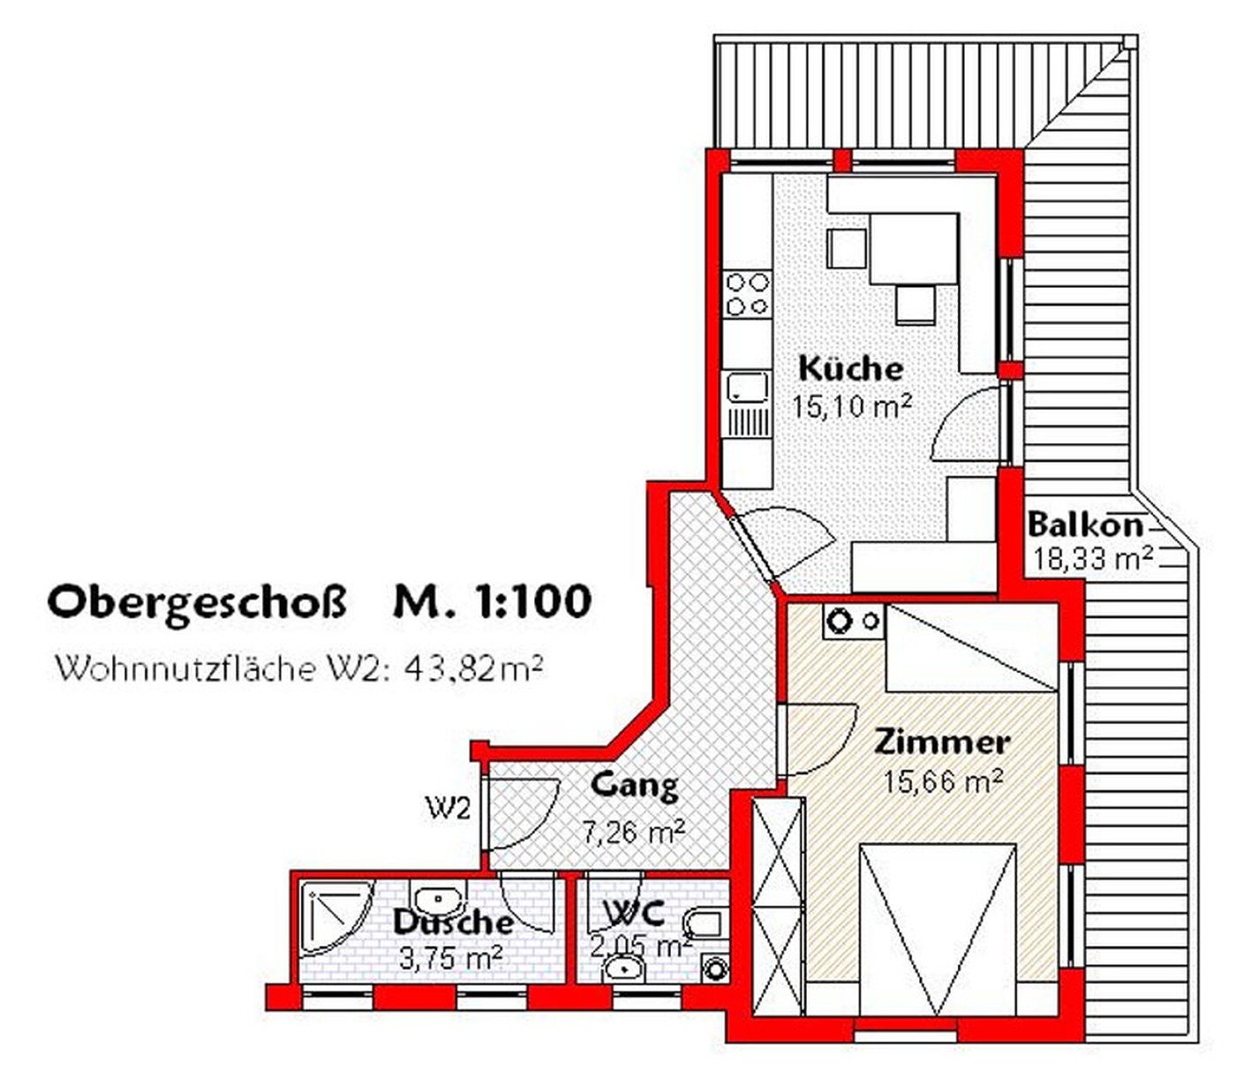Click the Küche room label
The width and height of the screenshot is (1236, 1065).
850,368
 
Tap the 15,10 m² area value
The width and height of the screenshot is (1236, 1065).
852,407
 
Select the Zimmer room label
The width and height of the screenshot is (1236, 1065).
942,744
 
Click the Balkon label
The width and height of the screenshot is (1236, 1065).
1085,525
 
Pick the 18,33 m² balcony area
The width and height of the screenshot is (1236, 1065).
1092,560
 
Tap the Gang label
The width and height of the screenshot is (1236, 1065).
635,786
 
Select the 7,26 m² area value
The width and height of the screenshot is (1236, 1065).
634,832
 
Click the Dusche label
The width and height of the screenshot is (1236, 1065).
453,923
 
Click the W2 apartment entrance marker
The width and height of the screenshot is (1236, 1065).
449,811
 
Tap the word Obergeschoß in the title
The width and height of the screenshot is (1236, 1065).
198,603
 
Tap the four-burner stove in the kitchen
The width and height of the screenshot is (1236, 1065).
746,294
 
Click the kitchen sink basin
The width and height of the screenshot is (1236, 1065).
746,387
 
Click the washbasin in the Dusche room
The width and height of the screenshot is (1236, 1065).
439,898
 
